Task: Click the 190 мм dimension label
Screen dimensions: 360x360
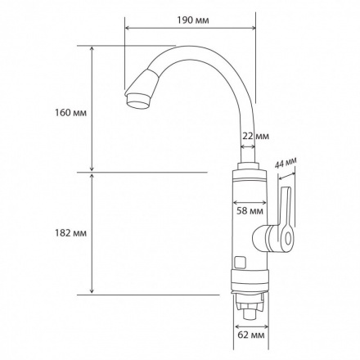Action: pos(193,20)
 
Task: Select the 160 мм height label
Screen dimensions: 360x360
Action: pos(71,112)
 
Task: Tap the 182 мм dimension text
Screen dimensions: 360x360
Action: pos(71,233)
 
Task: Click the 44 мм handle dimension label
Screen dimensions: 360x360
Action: pos(286,164)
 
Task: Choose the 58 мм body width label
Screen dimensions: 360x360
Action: pos(250,211)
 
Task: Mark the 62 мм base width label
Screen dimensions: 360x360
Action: pos(251,335)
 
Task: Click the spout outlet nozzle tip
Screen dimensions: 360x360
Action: pos(138,101)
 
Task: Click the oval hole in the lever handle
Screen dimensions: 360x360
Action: pos(288,238)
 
